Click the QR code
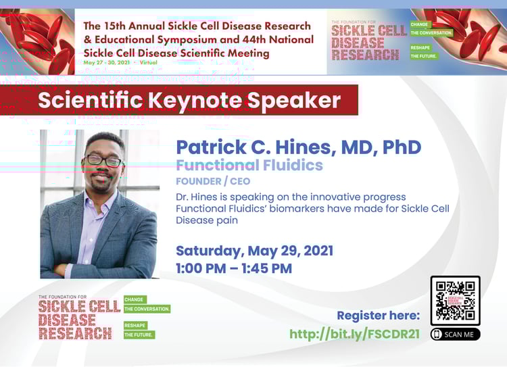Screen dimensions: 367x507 coord(455,301)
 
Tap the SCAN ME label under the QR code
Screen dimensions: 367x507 coord(455,334)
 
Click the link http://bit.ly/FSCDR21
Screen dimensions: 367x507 coord(354,334)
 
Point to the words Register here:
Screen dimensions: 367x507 coord(378,316)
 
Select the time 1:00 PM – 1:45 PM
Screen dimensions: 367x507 coord(234,268)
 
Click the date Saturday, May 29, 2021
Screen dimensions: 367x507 coord(254,251)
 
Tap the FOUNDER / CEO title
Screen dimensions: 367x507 coord(213,181)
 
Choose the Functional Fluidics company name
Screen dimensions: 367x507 coord(249,165)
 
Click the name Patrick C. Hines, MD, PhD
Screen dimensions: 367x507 coord(298,147)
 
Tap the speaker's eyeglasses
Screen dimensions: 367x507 coord(103,162)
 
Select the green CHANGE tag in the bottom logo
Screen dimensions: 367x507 coord(135,299)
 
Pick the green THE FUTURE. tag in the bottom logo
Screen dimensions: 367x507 coord(139,335)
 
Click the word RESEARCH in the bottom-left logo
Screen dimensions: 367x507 coord(75,333)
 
